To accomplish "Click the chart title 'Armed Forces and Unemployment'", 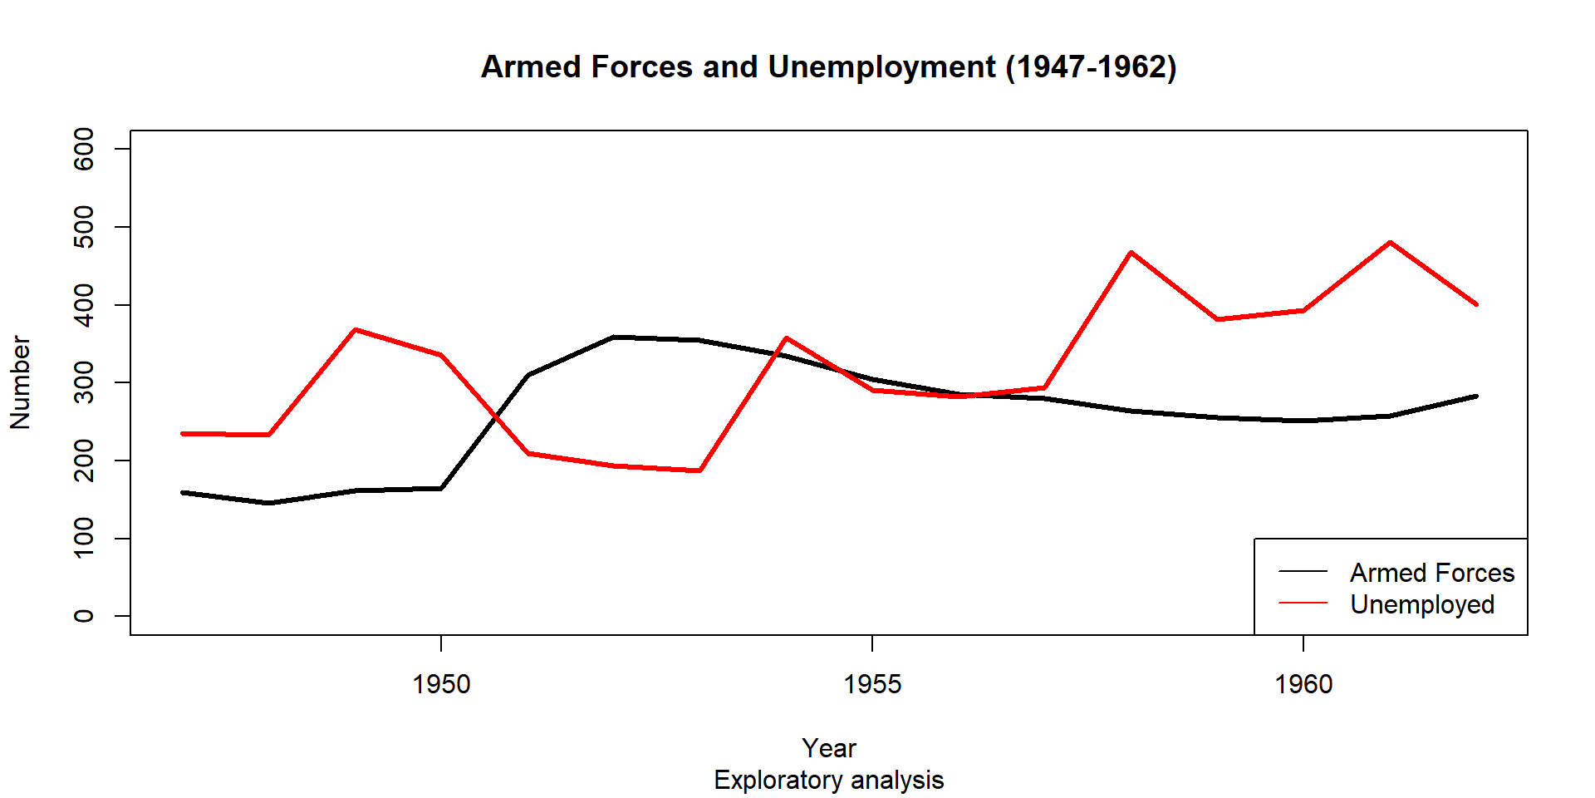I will [x=828, y=67].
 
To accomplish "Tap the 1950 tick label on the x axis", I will [x=441, y=684].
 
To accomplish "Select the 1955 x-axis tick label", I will [x=872, y=684].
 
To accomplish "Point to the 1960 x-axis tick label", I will [x=1303, y=684].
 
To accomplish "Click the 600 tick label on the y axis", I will [x=84, y=149].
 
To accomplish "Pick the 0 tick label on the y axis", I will [x=84, y=616].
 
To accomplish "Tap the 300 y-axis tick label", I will [x=84, y=382].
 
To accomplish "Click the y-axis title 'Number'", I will [x=20, y=382].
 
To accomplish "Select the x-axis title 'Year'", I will [x=828, y=748].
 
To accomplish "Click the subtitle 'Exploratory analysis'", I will [x=828, y=780].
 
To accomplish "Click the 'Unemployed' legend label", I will [x=1421, y=604].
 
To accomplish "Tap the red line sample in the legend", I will [x=1303, y=602].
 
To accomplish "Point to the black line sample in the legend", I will [x=1303, y=571].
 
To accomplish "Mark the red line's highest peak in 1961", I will [x=1390, y=243].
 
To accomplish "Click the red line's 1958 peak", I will [x=1131, y=252].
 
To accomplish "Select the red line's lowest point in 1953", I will [x=700, y=470].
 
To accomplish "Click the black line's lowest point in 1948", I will [x=268, y=503].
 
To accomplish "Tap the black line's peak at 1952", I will [x=613, y=337].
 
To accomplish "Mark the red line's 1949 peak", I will [x=356, y=330].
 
